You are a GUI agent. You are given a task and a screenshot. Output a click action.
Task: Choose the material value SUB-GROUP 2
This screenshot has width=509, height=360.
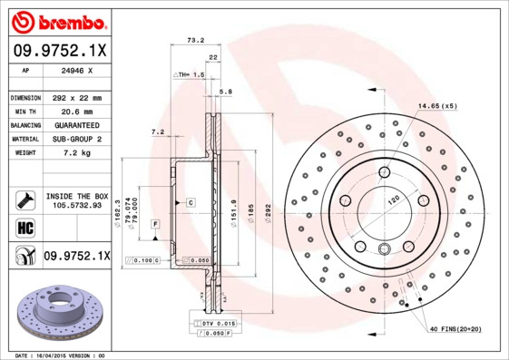74,139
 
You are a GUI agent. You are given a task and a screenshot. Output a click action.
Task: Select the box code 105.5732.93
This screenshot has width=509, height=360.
76,206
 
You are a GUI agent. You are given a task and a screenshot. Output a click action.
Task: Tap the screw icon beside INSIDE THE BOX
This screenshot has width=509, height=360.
24,199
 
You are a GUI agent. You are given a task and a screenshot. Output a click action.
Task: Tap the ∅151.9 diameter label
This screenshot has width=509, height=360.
234,209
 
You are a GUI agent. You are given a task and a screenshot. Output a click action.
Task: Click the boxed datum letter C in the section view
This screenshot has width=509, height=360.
191,201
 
